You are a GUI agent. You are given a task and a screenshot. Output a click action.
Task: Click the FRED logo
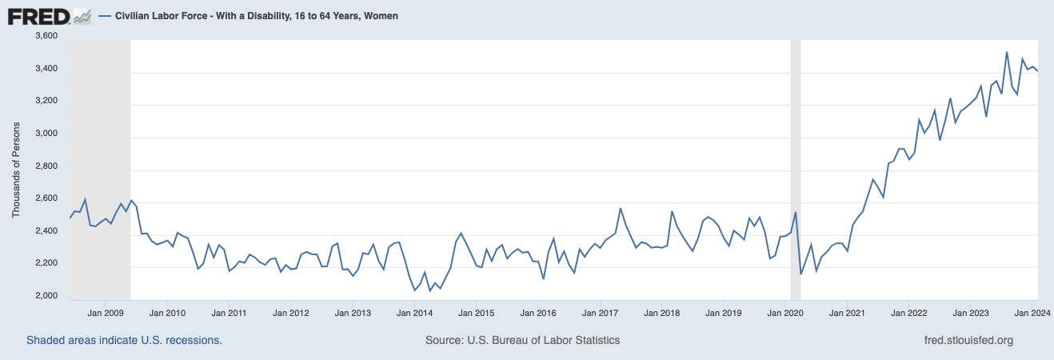tap(38, 16)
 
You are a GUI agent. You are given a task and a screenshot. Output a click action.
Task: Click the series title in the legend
tap(256, 16)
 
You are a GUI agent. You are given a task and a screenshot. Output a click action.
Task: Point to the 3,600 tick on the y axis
tap(47, 37)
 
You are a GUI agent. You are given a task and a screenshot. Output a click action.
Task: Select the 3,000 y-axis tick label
tap(47, 134)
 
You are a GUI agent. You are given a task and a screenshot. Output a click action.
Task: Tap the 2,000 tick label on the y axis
tap(47, 297)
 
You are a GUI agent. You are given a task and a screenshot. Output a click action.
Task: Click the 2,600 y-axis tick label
tap(47, 199)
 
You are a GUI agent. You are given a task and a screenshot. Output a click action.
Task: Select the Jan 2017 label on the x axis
tap(600, 313)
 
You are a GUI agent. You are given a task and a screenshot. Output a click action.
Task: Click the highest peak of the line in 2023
tap(1006, 53)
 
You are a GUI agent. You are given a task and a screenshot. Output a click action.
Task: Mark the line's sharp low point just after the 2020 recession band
tap(801, 274)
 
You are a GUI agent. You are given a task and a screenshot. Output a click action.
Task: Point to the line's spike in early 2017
tap(621, 209)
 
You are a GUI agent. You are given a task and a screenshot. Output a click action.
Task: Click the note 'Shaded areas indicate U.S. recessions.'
tap(124, 340)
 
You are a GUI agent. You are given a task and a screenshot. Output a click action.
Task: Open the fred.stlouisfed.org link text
tap(968, 340)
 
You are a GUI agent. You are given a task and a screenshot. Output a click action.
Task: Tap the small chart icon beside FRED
tap(82, 16)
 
